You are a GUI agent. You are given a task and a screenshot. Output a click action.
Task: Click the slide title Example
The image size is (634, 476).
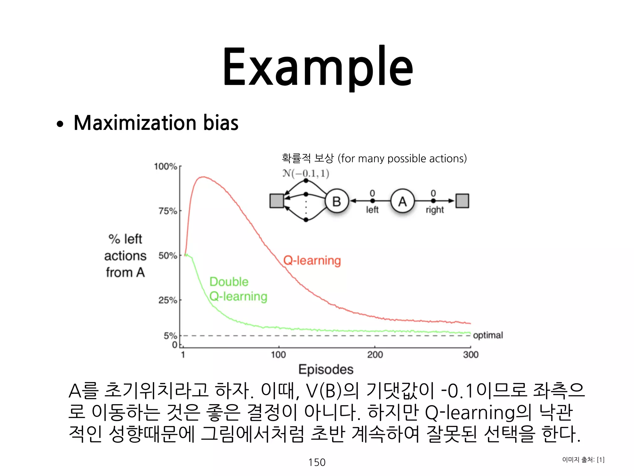[x=318, y=67]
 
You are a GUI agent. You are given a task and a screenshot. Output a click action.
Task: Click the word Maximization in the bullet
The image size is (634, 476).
[x=135, y=123]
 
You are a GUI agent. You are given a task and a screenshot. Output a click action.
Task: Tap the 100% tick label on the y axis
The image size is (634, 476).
[x=166, y=167]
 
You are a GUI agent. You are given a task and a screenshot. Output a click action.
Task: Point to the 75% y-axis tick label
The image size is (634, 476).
[x=168, y=211]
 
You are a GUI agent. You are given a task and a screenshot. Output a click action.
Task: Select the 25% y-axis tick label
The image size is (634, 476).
[x=168, y=300]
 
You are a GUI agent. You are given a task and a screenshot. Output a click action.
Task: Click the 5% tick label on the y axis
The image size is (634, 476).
[x=170, y=336]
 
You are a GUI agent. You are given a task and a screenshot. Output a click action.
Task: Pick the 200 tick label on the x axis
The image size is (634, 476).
[x=375, y=355]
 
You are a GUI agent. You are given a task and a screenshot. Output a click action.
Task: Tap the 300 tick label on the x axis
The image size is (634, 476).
[x=471, y=355]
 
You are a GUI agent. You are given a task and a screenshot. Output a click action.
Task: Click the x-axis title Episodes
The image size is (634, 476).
[x=326, y=369]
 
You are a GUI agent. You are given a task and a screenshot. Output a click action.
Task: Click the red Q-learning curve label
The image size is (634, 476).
[x=312, y=261]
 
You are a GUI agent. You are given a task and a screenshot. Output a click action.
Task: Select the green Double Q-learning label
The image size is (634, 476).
[x=238, y=289]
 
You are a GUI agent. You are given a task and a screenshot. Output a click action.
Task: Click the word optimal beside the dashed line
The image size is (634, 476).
[x=488, y=335]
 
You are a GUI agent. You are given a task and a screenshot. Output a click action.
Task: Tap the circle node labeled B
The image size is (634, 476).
[x=337, y=201]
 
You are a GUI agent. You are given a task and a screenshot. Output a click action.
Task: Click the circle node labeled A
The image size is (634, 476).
[x=402, y=201]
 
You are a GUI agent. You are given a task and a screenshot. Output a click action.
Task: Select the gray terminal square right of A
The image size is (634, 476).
[x=462, y=201]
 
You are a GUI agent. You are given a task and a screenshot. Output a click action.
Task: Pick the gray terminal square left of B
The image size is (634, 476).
[x=277, y=201]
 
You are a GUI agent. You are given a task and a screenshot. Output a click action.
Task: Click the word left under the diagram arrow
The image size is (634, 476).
[x=372, y=210]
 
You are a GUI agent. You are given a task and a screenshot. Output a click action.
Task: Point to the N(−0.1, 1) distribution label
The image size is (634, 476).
[x=306, y=174]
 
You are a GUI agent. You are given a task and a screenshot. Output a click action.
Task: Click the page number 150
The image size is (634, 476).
[x=317, y=462]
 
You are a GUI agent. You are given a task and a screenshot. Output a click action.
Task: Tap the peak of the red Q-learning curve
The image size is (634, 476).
[x=203, y=177]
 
